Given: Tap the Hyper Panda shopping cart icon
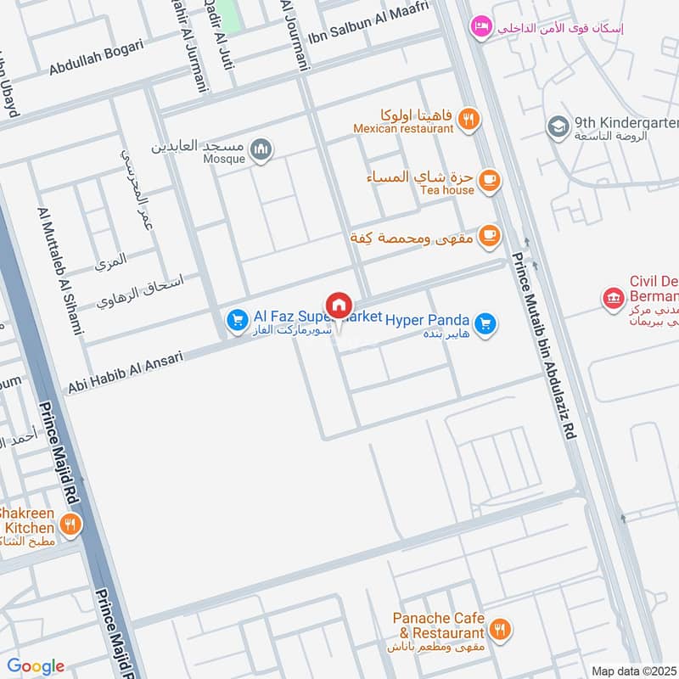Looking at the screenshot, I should (485, 324).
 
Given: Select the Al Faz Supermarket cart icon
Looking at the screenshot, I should (237, 320).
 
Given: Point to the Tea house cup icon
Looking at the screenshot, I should (489, 180).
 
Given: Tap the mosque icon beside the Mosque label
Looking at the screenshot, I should (262, 150).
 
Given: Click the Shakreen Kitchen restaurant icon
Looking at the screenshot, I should (70, 524).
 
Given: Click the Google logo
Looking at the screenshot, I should (36, 666).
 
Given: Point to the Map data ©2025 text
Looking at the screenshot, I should (632, 671).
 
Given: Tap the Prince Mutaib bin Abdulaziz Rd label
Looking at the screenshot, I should (545, 348).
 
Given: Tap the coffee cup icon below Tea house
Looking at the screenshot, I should (489, 237).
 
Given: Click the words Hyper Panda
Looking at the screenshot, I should (427, 320).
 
